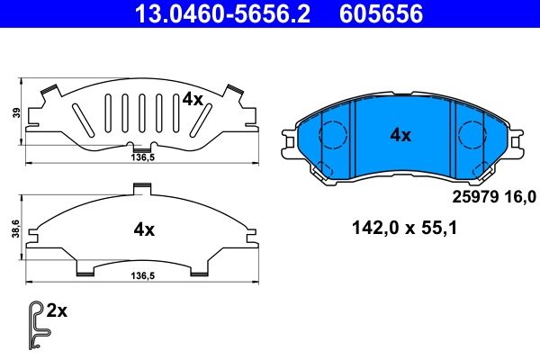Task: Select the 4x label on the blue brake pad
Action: click(x=400, y=135)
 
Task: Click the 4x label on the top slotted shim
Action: click(x=193, y=99)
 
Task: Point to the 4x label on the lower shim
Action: click(x=144, y=229)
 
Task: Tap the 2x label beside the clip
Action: click(x=57, y=310)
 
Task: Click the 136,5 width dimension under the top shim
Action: click(x=134, y=157)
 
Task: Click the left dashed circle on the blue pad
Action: click(x=334, y=136)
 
